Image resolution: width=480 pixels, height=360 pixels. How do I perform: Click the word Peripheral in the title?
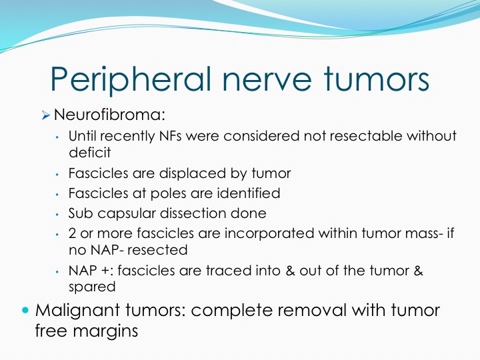click(131, 79)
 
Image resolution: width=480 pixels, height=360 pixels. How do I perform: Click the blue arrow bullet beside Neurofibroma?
click(46, 115)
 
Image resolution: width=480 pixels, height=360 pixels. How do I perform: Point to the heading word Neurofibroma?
click(109, 115)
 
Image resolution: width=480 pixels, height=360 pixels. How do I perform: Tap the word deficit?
click(90, 153)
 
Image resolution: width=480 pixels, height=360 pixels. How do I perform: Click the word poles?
click(168, 194)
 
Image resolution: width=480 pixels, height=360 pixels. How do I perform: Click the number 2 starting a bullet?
click(72, 233)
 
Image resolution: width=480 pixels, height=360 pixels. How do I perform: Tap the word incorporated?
click(269, 234)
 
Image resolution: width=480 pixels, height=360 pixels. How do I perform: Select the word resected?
click(157, 250)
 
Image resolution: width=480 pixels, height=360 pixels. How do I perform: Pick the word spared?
click(92, 287)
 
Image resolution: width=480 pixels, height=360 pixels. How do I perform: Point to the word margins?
click(105, 331)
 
